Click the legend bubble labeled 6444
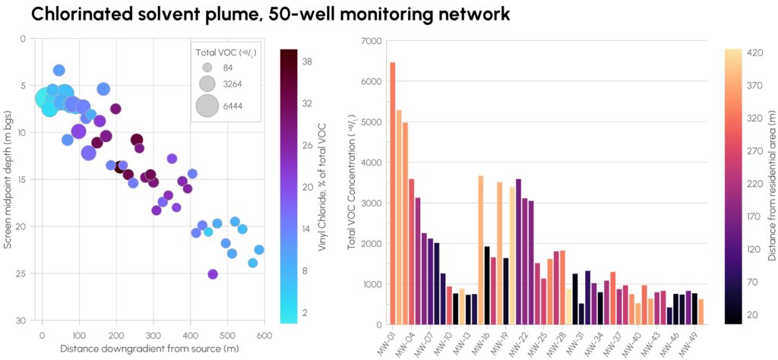(207, 106)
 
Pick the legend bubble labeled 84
(207, 67)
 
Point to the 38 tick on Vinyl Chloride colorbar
(307, 62)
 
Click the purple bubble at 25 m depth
(213, 274)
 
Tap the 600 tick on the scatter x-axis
(264, 336)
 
